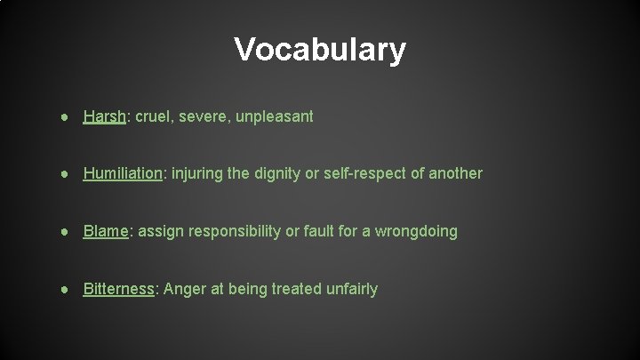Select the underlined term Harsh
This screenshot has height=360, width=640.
pyautogui.click(x=103, y=116)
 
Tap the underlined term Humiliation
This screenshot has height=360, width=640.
pyautogui.click(x=122, y=173)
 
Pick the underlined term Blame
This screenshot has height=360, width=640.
pyautogui.click(x=106, y=231)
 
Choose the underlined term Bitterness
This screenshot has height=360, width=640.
pyautogui.click(x=119, y=289)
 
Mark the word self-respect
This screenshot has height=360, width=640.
pyautogui.click(x=364, y=173)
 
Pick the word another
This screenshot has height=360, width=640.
pyautogui.click(x=455, y=173)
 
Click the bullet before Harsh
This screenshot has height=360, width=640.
pyautogui.click(x=68, y=116)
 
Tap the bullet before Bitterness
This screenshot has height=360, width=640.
pyautogui.click(x=68, y=289)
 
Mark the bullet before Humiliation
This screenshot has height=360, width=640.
pyautogui.click(x=68, y=173)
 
